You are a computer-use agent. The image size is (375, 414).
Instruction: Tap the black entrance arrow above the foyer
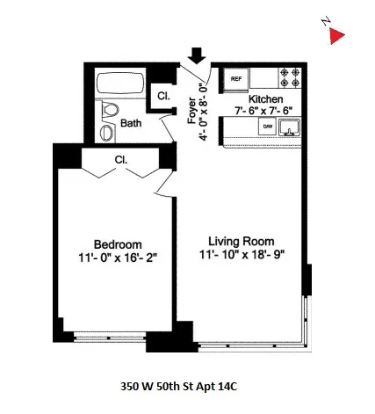coord(197,54)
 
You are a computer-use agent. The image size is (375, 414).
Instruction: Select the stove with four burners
coord(289,77)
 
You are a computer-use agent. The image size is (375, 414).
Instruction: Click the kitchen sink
coord(290,129)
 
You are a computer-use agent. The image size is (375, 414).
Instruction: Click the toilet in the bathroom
coord(110,111)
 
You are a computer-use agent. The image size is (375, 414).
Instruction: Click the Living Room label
coord(242,241)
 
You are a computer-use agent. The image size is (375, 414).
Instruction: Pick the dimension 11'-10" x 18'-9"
coord(242,255)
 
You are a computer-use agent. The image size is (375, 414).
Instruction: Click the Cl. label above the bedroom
coord(121,160)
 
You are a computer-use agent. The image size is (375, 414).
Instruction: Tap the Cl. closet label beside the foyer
coord(163,96)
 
